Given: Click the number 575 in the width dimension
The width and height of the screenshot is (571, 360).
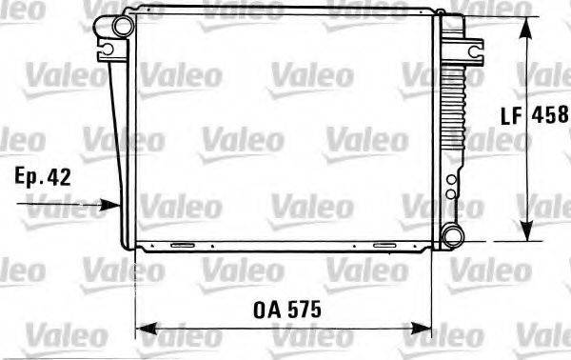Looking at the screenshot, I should (x=305, y=310).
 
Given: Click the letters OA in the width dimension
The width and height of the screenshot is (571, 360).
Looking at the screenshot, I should (x=266, y=310).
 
